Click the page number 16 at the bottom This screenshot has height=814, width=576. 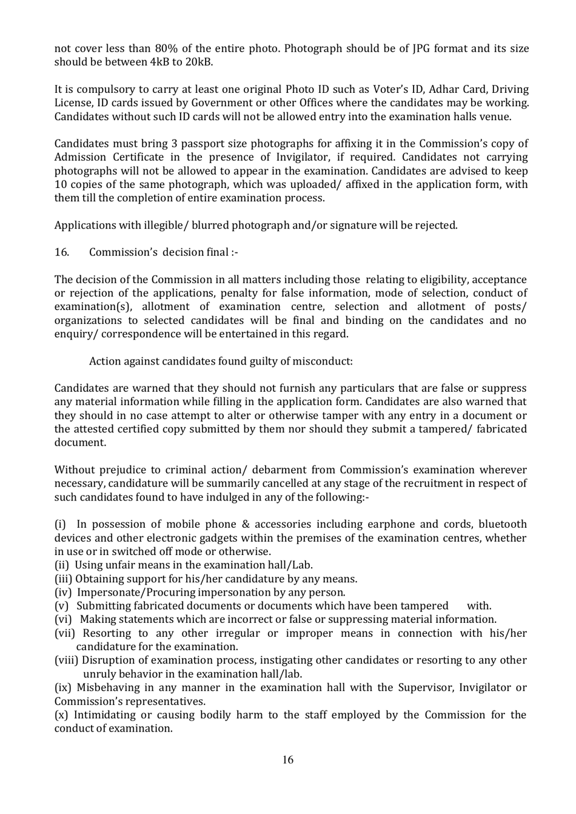click(x=287, y=760)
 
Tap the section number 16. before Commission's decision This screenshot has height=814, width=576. click(x=61, y=252)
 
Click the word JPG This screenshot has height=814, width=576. click(x=412, y=49)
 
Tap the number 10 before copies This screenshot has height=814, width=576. click(x=61, y=184)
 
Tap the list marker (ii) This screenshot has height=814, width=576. click(x=62, y=565)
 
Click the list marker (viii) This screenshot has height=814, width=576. click(x=66, y=660)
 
